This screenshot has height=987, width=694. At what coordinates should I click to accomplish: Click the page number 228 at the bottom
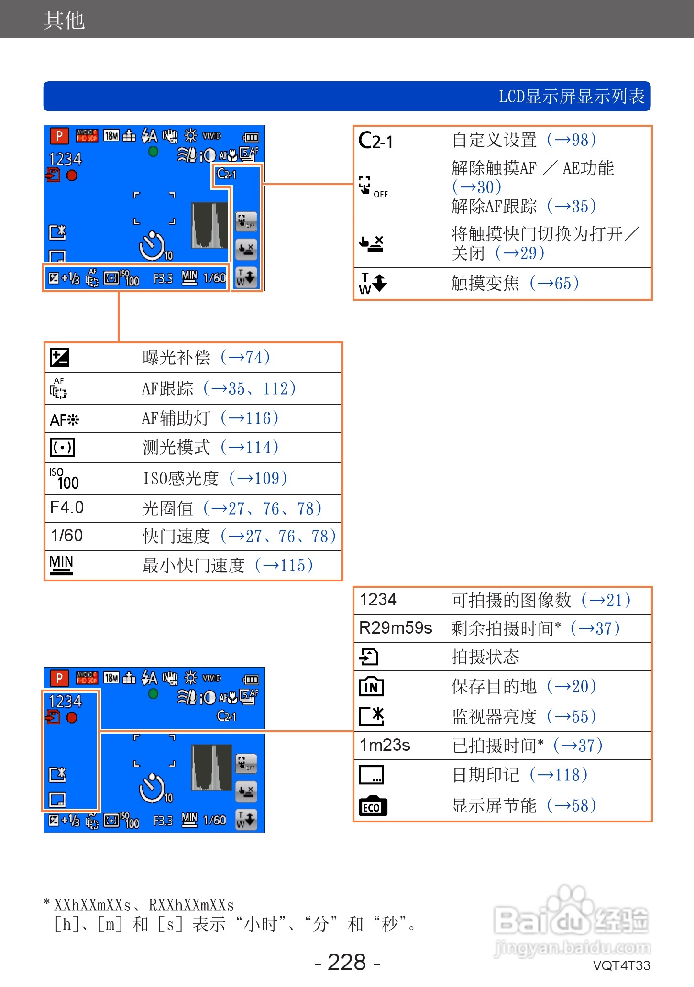pos(347,962)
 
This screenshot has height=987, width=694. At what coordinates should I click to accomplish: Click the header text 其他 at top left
pos(64,20)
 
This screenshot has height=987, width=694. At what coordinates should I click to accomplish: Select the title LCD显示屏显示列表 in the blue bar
pos(572,97)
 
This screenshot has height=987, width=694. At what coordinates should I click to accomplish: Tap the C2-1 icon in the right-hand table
pos(376,141)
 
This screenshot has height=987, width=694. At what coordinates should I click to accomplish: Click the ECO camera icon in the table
pos(373,806)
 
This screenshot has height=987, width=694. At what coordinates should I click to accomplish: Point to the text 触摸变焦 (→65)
pos(515,283)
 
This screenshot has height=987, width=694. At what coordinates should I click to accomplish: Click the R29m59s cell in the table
pos(396,628)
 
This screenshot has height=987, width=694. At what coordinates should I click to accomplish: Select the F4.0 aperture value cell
pos(67,507)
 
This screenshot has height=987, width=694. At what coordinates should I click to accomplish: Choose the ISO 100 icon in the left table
pos(64,479)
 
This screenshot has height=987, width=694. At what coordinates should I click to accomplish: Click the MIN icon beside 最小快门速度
pos(61,564)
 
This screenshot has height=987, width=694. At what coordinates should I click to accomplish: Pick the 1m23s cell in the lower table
pos(385,745)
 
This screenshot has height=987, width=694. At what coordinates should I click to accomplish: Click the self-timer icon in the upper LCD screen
pos(153,246)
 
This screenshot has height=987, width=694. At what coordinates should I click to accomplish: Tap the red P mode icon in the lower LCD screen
pos(59,678)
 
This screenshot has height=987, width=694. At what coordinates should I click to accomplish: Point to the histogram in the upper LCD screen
pos(209,225)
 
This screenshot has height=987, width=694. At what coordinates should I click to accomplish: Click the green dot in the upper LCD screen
pos(153,152)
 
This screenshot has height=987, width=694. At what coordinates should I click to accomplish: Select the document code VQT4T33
pos(621,965)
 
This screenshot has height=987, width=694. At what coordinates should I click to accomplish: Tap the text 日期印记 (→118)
pos(519,775)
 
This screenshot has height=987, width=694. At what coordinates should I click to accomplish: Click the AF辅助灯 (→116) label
pos(210,418)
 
